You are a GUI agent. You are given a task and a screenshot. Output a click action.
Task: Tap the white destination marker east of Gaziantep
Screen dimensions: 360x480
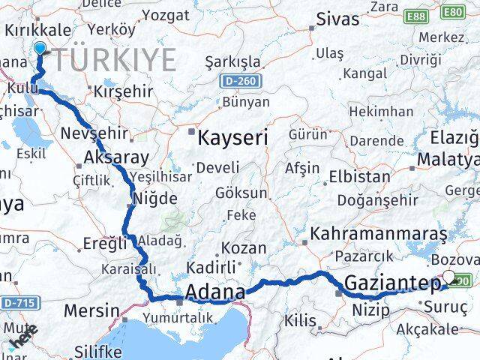point(449,277)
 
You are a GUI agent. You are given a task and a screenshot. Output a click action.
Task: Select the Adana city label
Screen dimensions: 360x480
point(214,292)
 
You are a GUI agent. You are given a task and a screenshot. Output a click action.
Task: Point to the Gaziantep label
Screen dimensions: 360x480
point(392,283)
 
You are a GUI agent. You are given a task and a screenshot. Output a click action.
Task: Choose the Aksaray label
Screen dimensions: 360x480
point(117,157)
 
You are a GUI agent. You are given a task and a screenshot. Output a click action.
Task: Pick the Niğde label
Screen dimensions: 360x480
point(154,199)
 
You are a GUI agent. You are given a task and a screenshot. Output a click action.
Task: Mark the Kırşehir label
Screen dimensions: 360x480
point(121,90)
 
